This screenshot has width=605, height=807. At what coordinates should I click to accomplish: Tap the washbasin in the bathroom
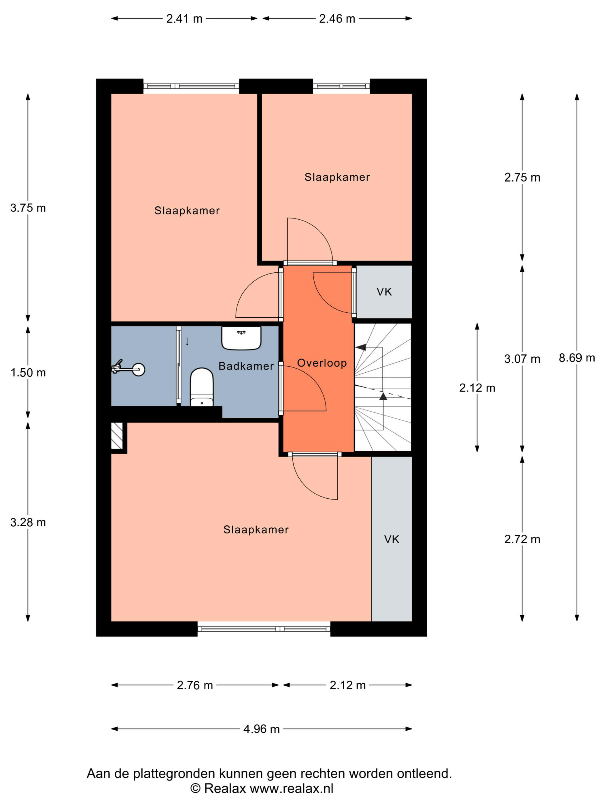pyautogui.click(x=241, y=338)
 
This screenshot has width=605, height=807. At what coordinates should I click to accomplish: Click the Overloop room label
pyautogui.click(x=322, y=363)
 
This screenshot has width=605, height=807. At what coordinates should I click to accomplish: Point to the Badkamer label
pyautogui.click(x=246, y=366)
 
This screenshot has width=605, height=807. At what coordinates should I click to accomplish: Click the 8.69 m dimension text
pyautogui.click(x=576, y=358)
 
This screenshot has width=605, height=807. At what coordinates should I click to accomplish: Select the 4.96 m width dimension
pyautogui.click(x=262, y=729)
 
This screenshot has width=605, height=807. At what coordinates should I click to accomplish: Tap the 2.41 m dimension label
pyautogui.click(x=184, y=19)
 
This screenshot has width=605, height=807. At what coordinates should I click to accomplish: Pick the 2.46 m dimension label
pyautogui.click(x=337, y=19)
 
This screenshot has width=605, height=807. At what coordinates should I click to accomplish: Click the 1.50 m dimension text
pyautogui.click(x=28, y=372)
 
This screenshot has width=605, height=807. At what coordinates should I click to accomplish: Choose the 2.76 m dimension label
pyautogui.click(x=195, y=685)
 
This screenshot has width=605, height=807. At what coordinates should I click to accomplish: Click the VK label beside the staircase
pyautogui.click(x=384, y=292)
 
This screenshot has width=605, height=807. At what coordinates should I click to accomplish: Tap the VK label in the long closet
pyautogui.click(x=392, y=539)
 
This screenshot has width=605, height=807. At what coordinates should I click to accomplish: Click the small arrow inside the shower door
pyautogui.click(x=187, y=342)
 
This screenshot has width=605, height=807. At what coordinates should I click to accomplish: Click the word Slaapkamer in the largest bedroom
pyautogui.click(x=256, y=529)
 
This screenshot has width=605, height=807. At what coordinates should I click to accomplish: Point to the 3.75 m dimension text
pyautogui.click(x=28, y=208)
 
